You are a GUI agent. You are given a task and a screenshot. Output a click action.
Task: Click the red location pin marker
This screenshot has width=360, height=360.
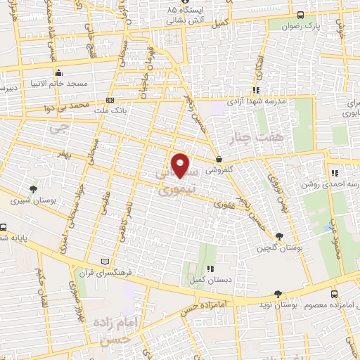coord(181,165)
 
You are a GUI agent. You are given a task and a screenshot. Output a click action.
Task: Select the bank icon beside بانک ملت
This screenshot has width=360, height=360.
coord(109,100)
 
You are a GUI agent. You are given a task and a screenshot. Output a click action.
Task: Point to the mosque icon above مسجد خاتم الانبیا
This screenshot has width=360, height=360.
coord(59,72)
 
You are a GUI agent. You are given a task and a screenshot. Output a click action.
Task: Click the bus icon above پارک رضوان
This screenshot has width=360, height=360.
coord(301,15)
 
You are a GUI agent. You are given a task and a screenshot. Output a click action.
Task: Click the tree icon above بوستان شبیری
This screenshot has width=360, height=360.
coord(33,188)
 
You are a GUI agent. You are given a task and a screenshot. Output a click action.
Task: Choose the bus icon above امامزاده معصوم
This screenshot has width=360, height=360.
coord(333,294)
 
